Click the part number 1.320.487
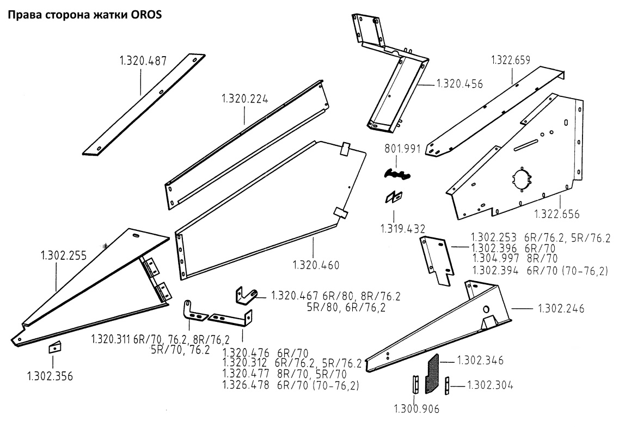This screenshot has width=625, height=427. (143, 60)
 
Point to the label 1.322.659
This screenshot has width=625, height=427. (511, 60)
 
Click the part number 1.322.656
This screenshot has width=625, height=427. (556, 213)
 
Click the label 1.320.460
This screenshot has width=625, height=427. (316, 265)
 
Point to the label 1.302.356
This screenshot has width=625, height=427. (50, 376)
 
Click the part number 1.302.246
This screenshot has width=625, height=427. (561, 308)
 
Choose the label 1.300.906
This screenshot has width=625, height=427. (416, 408)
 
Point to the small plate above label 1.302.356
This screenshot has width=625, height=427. (54, 347)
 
